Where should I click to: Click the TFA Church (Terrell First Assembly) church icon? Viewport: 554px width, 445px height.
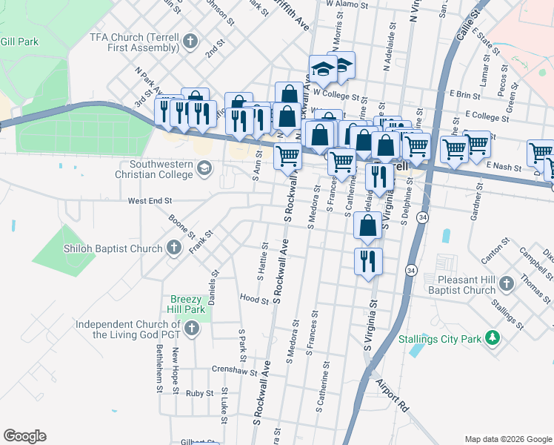pos(190,42)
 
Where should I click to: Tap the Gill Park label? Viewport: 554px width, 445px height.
pos(19,42)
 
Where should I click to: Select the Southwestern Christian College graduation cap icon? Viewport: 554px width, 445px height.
pos(204,169)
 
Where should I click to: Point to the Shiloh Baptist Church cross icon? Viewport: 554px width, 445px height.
pos(174,248)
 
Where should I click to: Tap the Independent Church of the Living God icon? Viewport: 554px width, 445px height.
pos(192,329)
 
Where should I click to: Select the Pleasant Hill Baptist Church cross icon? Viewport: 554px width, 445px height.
pos(506,284)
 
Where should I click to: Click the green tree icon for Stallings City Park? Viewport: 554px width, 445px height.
pos(490,338)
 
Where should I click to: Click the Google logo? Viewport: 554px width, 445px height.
pos(24,436)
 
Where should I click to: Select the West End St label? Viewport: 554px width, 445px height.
pos(150,200)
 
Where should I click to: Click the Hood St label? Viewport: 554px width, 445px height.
pos(254,300)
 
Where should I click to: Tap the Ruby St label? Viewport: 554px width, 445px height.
pos(199,393)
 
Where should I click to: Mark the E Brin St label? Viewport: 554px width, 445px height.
pos(465,95)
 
